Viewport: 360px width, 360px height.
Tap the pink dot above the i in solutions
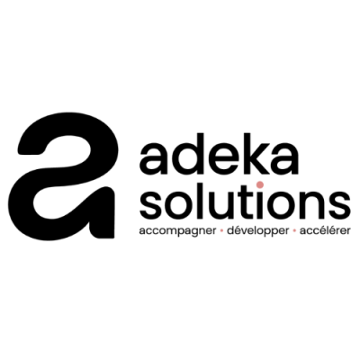(260, 184)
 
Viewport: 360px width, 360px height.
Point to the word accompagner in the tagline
(178, 231)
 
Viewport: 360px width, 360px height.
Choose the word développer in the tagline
(258, 231)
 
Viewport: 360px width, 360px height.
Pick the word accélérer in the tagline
(325, 230)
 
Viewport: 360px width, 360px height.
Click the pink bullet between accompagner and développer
(221, 231)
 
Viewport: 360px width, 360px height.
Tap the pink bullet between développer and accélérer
(294, 231)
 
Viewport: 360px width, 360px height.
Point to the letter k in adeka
(254, 154)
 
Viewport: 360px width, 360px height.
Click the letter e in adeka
(222, 159)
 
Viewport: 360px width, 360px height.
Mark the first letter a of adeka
(155, 159)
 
